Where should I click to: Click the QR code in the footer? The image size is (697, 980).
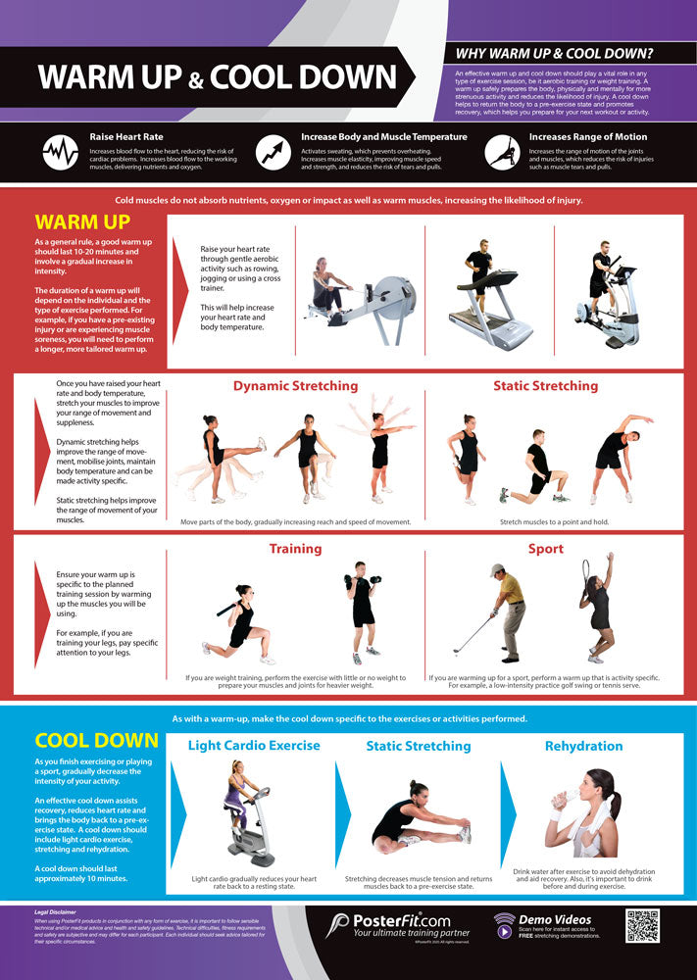644,926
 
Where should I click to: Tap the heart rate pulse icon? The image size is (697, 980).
61,152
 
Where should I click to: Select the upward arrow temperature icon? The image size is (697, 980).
273,152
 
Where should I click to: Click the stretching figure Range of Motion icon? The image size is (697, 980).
501,152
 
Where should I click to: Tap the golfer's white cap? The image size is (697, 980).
498,569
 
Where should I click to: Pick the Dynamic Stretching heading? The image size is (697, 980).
295,386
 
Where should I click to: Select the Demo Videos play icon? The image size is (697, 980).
504,930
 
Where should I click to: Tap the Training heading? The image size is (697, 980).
295,549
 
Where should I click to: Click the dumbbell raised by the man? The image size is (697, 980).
348,581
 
